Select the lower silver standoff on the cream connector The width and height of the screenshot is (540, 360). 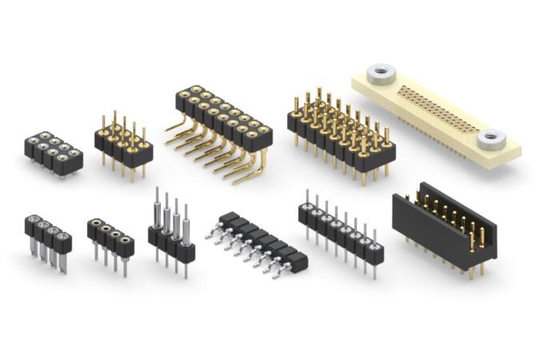(492, 140)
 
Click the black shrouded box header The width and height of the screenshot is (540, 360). (444, 228)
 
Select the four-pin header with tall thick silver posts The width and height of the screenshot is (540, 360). (171, 236)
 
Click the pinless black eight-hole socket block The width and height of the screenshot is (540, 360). (53, 151)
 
